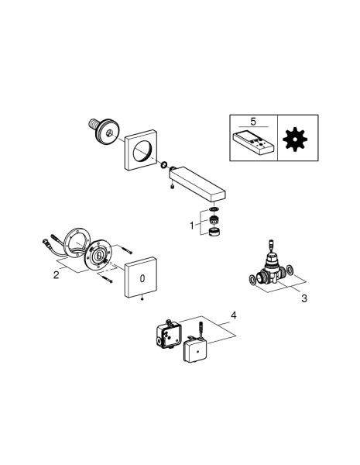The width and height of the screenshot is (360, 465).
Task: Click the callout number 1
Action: coord(192,226)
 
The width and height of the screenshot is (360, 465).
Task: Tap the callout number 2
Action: coord(56,275)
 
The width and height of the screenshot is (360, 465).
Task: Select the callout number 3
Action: coord(304,298)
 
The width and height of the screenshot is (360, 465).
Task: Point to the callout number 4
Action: coord(234,315)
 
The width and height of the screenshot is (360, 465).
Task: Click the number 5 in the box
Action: coord(252,122)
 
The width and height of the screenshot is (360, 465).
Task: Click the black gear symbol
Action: coord(295,139)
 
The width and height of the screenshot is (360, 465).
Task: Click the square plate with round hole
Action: coord(140,150)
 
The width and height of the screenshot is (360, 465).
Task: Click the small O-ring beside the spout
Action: coord(164,165)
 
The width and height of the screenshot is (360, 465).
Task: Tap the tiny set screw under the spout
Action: coord(172,187)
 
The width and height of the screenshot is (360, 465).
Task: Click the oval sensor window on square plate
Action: coord(142,278)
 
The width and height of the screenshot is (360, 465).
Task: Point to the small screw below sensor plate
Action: coord(142,299)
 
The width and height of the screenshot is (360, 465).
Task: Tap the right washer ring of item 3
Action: coord(290,270)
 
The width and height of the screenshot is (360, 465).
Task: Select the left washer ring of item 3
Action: coord(252,280)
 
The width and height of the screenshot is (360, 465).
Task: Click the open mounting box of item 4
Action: coord(168,334)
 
